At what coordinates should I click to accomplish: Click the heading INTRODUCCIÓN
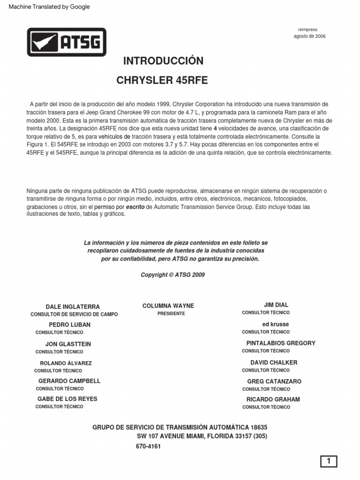click(163, 61)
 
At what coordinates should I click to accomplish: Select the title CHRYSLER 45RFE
click(162, 80)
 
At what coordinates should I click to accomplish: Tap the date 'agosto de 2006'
click(309, 36)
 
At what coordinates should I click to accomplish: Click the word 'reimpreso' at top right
click(307, 29)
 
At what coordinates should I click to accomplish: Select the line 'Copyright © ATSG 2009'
click(172, 275)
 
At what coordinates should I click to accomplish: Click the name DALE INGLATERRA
click(73, 307)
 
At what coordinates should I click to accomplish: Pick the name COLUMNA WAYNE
click(168, 306)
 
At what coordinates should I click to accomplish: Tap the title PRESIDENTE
click(171, 313)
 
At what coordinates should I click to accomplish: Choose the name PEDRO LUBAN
click(70, 324)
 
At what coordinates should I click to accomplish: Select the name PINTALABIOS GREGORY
click(281, 343)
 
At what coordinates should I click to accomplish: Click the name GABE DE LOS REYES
click(67, 399)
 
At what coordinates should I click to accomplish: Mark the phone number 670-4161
click(148, 446)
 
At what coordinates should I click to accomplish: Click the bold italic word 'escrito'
click(135, 207)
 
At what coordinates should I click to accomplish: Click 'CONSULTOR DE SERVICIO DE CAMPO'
click(74, 314)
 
